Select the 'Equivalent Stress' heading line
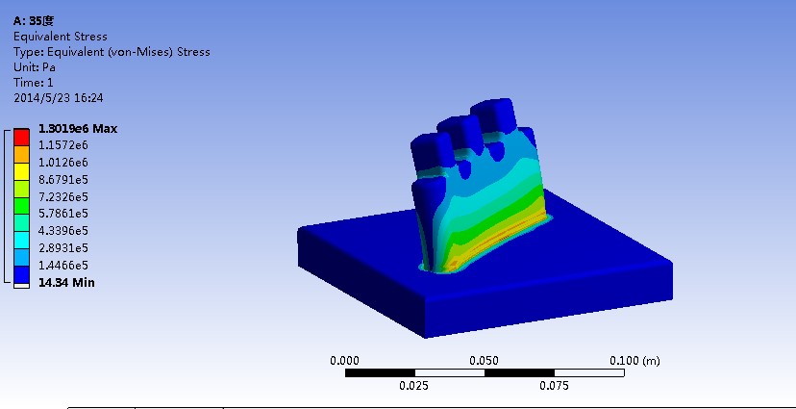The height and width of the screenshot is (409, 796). pos(60,37)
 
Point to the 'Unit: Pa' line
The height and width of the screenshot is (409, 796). pos(35,67)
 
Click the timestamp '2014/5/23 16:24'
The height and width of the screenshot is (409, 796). pos(58,98)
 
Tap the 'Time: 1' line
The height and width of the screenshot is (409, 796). pos(34,83)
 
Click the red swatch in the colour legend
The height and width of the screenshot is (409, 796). pos(22,136)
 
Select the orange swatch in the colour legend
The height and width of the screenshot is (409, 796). pos(22,153)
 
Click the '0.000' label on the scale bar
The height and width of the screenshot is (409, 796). pos(345,360)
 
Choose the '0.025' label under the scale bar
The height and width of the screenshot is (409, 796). pos(414,387)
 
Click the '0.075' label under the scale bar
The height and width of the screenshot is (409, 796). pos(554,387)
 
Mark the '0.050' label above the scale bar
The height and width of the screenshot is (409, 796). pos(485,360)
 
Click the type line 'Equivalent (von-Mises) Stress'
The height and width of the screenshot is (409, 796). pos(112,52)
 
